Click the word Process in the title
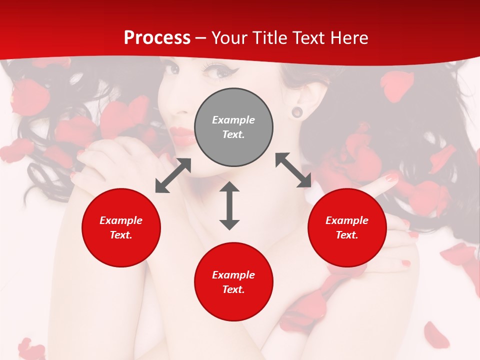(157, 38)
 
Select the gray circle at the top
(233, 127)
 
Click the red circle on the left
(121, 227)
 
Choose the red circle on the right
(347, 227)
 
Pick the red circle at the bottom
(233, 282)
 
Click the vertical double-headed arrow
(229, 205)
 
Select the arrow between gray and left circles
(173, 175)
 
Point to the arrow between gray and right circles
(293, 170)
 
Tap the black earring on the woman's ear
(297, 111)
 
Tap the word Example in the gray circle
(233, 120)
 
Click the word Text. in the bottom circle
(233, 289)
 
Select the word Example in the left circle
(121, 220)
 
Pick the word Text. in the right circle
(347, 235)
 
